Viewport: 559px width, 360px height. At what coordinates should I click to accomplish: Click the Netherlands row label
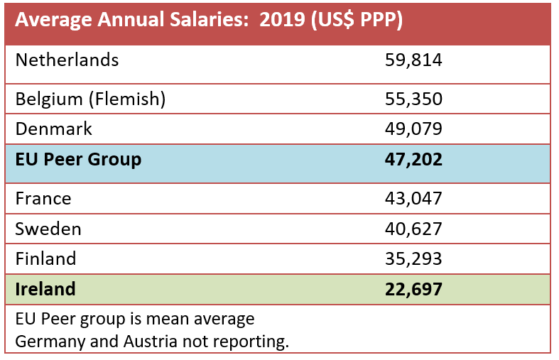67,60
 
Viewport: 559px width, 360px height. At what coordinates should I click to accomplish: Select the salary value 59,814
413,60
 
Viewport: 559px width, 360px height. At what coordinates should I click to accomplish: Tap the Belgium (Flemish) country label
90,99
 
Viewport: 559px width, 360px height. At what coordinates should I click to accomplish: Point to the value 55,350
413,99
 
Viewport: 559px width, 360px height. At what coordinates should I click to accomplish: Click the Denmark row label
54,129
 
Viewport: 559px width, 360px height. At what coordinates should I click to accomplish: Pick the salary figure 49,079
413,129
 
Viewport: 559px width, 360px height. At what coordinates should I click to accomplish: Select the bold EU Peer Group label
78,159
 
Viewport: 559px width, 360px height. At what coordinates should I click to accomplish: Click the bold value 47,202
413,159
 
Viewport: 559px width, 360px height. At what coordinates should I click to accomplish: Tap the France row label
43,198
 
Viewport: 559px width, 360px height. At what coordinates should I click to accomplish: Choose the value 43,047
413,198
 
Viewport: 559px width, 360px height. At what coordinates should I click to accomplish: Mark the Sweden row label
48,229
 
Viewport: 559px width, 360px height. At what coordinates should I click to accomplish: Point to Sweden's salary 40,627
413,229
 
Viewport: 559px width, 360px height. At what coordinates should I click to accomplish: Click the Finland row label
45,258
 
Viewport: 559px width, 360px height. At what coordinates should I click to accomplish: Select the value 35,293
413,258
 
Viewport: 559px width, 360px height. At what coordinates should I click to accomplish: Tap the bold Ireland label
45,289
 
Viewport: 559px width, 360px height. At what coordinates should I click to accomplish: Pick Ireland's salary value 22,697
413,289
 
